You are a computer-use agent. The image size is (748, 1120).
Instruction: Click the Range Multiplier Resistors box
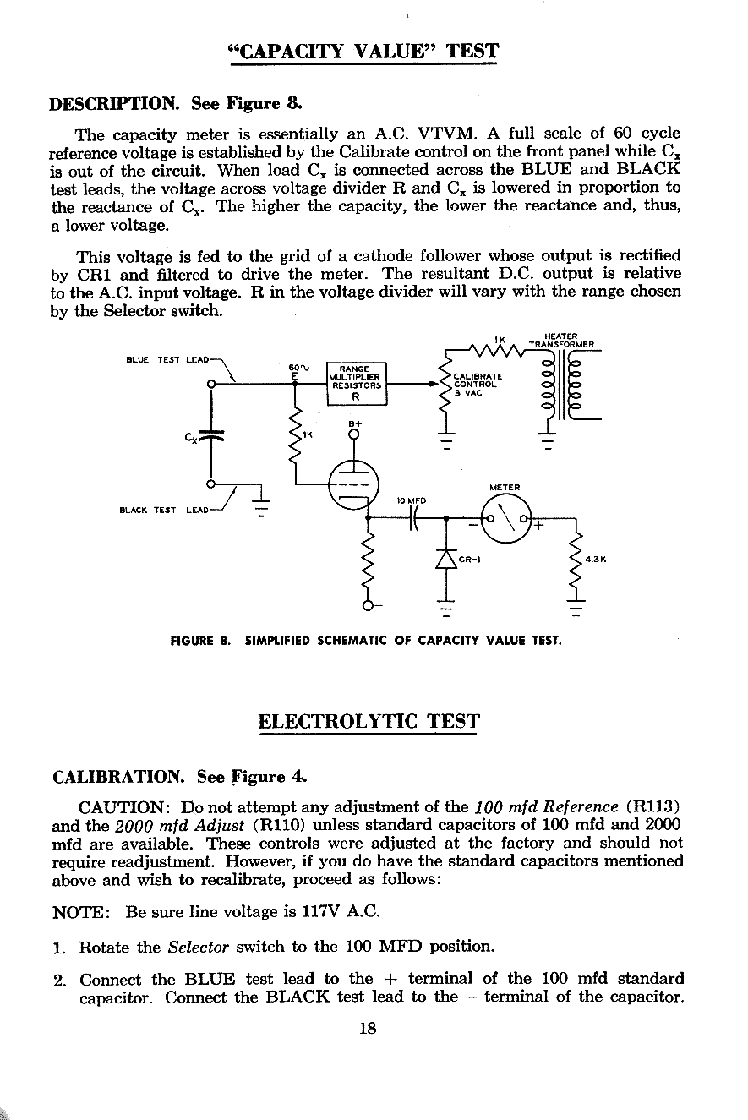[x=356, y=382]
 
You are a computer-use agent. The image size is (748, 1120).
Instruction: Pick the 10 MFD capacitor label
[x=411, y=500]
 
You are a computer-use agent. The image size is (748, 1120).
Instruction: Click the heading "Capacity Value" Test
[x=363, y=52]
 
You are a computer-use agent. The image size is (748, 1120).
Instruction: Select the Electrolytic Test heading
[x=369, y=722]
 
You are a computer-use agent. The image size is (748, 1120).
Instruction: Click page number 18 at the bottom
[x=367, y=1029]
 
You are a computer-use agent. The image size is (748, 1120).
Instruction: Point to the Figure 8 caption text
[x=366, y=640]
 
